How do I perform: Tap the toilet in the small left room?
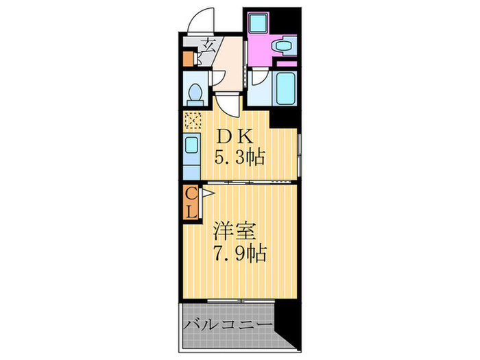coord(194,92)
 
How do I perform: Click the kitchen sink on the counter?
coord(191,145)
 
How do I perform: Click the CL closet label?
coord(191,203)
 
